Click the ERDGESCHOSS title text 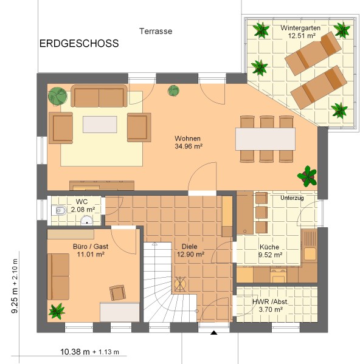pos(79,43)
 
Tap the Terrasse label pos(156,31)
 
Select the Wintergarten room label pos(300,28)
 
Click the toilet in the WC pos(58,210)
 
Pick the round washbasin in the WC pos(87,220)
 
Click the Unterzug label pos(292,198)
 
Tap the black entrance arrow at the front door pos(213,333)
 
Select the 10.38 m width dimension pos(75,352)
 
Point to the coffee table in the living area pos(100,125)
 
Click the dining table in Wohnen pos(266,139)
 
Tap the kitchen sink pos(310,246)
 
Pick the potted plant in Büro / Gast pos(57,311)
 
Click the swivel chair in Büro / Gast pos(118,293)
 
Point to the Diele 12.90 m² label pos(190,250)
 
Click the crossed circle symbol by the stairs pos(180,284)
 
